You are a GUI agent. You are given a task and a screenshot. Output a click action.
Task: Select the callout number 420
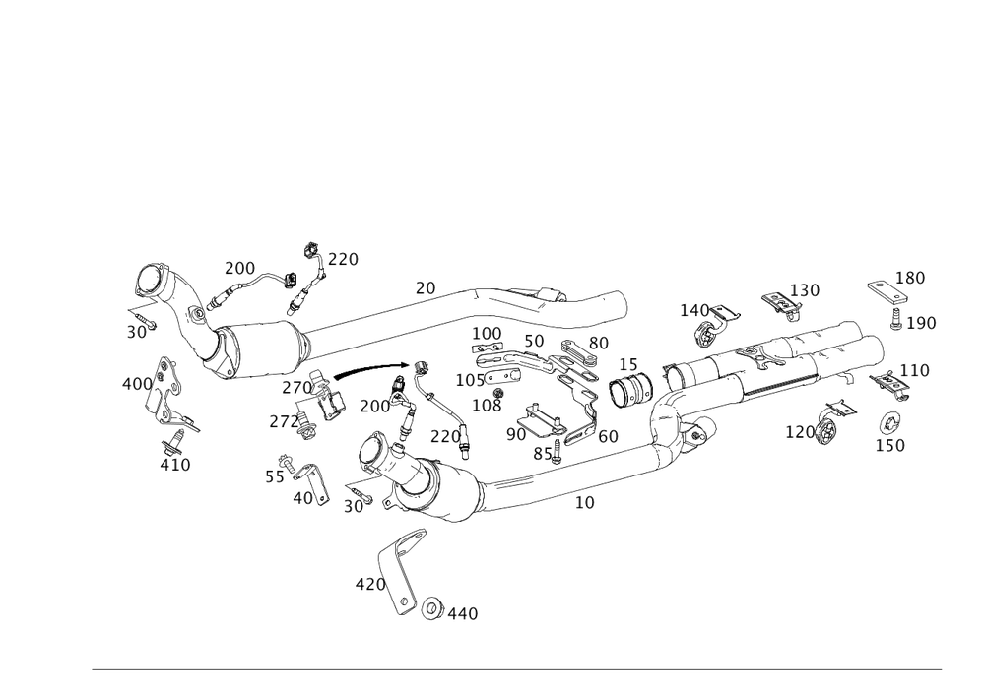pos(369,584)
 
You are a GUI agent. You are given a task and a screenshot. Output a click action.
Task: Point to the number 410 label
pos(176,465)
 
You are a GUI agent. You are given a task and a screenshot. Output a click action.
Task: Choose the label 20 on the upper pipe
pos(426,287)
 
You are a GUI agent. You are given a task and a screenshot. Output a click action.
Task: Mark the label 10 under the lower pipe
pos(585,502)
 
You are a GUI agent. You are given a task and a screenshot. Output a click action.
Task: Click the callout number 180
pos(911,278)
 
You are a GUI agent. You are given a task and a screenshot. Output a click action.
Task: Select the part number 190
pos(922,323)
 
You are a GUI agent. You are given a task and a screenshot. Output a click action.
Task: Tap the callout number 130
pos(806,291)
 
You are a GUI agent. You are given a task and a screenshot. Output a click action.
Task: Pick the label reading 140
pos(694,310)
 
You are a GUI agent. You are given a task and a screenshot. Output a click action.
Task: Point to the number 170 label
pos(800,431)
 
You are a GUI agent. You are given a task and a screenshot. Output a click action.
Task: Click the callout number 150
pos(890,446)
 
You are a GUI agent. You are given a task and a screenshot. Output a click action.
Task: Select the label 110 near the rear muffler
pos(915,371)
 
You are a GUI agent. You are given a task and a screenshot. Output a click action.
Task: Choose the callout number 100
pos(488,333)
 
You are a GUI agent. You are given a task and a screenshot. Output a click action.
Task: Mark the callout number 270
pos(295,388)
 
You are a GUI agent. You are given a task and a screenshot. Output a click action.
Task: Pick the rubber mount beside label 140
pos(707,335)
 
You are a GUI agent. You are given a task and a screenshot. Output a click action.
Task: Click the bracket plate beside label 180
pos(883,293)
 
